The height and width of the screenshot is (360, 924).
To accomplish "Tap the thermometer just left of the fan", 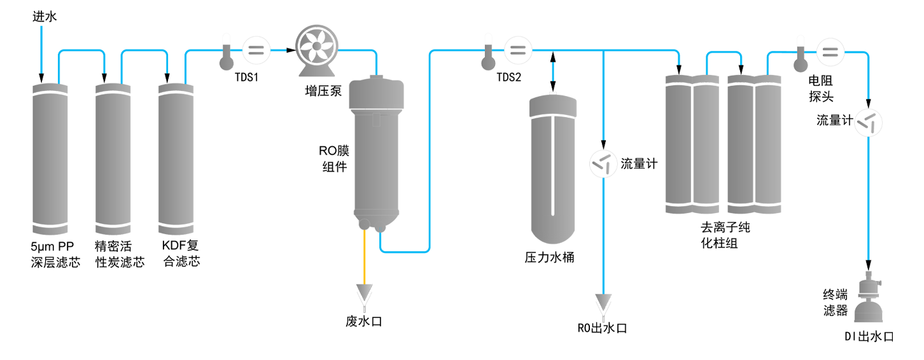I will pyautogui.click(x=225, y=56).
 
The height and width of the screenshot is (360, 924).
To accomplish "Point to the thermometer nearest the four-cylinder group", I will pyautogui.click(x=799, y=56).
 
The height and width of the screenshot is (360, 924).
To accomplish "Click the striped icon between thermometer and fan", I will pyautogui.click(x=255, y=51).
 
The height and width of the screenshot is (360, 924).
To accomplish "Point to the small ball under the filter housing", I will pyautogui.click(x=364, y=224).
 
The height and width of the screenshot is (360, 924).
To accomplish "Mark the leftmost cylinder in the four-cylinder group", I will pyautogui.click(x=678, y=144).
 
